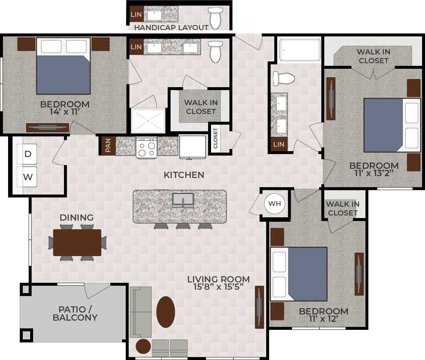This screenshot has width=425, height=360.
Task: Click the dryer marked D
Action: (x=28, y=154)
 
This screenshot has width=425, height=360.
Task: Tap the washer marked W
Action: (x=28, y=177)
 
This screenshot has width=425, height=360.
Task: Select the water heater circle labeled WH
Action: (x=275, y=203)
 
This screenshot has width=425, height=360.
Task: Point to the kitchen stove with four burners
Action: (x=146, y=147)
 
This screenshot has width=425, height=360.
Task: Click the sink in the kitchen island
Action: (x=183, y=200)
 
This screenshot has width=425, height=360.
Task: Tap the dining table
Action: (x=77, y=243)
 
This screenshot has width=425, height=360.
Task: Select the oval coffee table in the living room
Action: (x=166, y=312)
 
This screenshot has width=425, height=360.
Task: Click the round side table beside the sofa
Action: (x=143, y=346)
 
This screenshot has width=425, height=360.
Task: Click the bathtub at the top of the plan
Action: (x=300, y=50)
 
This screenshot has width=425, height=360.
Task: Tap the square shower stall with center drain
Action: (x=148, y=120)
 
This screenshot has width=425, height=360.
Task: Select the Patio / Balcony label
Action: (x=75, y=313)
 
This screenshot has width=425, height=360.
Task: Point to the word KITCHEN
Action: (x=184, y=175)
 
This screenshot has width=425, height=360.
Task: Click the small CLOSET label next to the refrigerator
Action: (x=215, y=139)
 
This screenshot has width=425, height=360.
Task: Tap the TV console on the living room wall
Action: (x=260, y=307)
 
